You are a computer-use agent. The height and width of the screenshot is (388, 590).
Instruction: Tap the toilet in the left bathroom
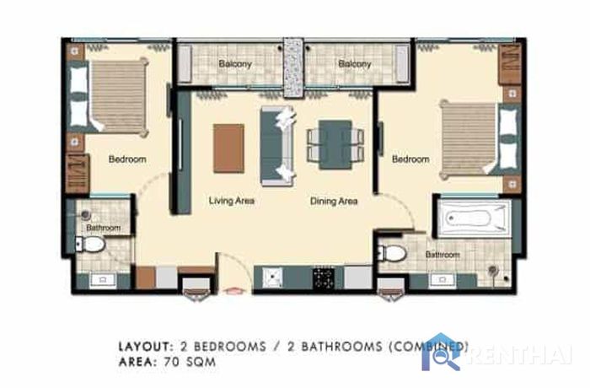coord(90,245)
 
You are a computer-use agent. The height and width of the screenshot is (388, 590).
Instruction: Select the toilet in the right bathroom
coord(393,253)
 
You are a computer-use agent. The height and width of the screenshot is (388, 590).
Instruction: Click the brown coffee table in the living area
coord(228,148)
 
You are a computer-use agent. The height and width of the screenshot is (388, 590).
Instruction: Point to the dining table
coord(335,144)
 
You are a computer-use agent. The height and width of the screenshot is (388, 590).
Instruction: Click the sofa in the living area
coord(277,146)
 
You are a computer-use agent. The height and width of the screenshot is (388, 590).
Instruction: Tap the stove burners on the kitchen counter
coord(324,278)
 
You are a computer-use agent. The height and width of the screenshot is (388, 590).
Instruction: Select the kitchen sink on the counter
coord(272,278)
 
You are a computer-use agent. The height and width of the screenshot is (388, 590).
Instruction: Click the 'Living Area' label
coord(232,201)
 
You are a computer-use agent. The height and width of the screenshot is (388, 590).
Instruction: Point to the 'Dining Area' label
coord(334,201)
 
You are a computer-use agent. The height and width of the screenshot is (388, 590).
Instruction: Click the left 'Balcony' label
coord(235,63)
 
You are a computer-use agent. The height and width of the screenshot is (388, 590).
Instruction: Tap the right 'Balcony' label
coord(355,63)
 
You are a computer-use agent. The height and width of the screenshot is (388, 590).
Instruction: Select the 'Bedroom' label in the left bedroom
coord(127,159)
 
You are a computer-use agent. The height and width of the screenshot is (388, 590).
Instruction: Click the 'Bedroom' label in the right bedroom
coord(410,159)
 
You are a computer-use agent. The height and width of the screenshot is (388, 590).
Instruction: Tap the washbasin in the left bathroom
coord(103,280)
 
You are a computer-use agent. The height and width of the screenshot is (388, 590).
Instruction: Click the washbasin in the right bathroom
coord(442,280)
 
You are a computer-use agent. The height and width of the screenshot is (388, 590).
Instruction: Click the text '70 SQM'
coord(190,362)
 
